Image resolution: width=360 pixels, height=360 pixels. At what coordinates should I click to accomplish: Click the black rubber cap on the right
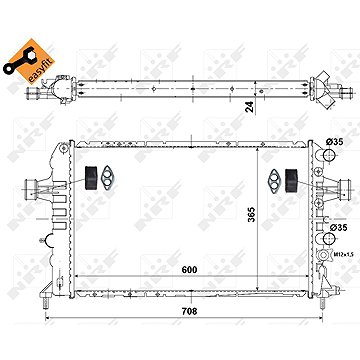tap(292, 179)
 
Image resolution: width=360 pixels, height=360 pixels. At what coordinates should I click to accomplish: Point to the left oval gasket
tap(107, 180)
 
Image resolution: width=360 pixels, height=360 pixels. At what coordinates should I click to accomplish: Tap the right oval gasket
tap(275, 180)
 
